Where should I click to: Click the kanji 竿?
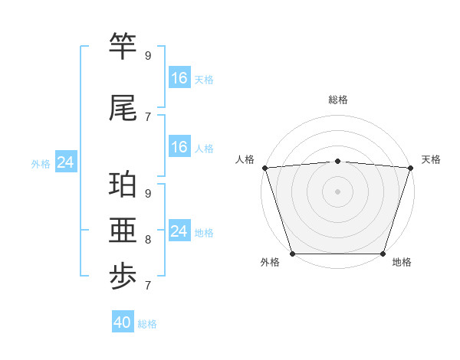coord(123,48)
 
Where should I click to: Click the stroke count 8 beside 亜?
coord(148,240)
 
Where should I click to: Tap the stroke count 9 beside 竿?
coord(148,56)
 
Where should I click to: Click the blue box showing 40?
coord(123,322)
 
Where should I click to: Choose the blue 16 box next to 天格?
coord(179,78)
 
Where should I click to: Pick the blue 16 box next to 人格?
coord(179,147)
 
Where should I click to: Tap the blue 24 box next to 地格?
coord(179,231)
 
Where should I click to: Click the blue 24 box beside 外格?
coord(66,162)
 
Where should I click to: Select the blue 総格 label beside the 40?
coord(148,324)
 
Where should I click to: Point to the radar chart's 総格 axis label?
coord(338,100)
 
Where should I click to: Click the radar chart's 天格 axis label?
coord(431,159)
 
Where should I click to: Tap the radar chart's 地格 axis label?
coord(401,262)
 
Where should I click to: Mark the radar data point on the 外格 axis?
coord(292,253)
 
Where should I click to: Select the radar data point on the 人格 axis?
coord(264,168)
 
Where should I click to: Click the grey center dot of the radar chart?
coord(337,191)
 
